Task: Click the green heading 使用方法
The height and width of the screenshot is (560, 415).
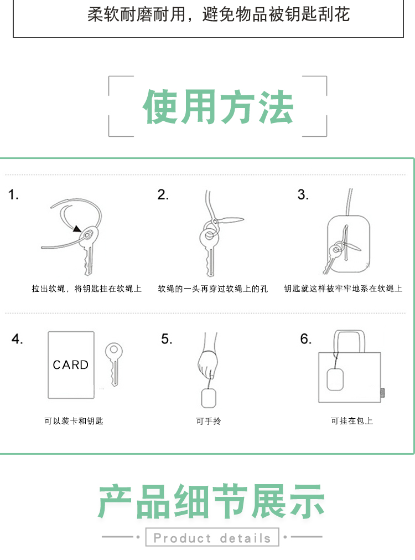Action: point(218,106)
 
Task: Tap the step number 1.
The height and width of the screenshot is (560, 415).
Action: point(14,194)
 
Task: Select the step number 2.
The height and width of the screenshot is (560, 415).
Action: point(163,194)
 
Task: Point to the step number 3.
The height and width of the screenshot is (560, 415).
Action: point(303,194)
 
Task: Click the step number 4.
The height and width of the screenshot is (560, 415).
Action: point(17,339)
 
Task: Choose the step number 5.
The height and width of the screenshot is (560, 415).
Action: point(167,339)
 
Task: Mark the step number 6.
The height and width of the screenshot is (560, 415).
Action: point(306,339)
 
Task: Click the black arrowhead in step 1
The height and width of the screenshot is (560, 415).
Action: point(77,228)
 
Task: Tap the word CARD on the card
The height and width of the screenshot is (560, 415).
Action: point(71,364)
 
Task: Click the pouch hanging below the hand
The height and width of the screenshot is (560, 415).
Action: point(209,398)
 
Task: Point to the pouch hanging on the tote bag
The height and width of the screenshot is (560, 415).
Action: point(335,379)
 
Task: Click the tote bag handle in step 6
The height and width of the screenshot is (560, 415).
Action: point(349,332)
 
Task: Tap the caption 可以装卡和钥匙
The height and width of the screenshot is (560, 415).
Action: point(74,421)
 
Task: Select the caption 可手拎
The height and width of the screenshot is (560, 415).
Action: point(209,421)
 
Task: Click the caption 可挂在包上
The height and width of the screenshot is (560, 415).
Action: point(352,421)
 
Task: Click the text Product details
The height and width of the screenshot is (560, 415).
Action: point(212,538)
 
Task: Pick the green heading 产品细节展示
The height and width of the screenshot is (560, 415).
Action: point(211,501)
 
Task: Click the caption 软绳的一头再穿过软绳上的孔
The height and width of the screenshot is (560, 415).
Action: point(213,289)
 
